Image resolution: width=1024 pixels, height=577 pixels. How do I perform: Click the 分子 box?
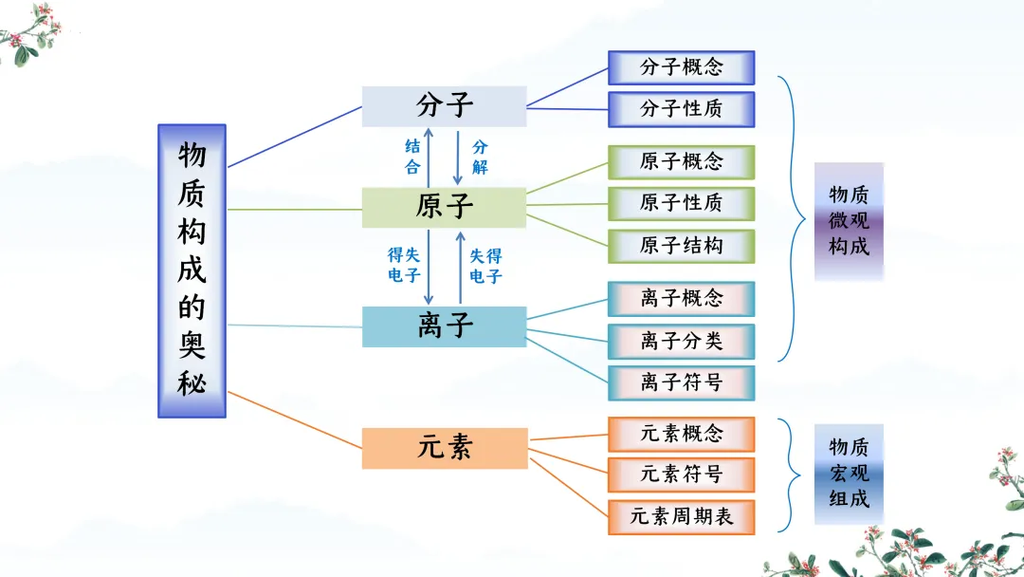(444, 106)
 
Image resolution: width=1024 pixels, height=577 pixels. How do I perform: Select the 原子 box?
(444, 207)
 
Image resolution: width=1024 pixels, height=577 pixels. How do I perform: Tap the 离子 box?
(444, 326)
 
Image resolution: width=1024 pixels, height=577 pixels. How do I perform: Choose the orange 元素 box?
(444, 448)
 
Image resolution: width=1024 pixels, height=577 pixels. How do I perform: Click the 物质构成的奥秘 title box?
(192, 270)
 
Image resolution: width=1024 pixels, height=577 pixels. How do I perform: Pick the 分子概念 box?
(681, 67)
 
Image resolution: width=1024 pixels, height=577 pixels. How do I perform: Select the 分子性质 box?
(681, 109)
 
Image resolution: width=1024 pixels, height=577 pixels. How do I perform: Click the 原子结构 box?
(681, 246)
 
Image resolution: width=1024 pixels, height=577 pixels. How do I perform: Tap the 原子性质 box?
(681, 203)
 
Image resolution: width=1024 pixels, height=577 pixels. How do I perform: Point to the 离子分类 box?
(681, 341)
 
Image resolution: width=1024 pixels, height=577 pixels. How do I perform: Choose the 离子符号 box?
(681, 382)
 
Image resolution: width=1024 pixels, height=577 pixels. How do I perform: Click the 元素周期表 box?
(681, 517)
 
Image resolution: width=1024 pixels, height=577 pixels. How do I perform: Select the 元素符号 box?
(681, 475)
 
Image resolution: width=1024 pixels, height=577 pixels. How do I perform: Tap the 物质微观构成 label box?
(849, 221)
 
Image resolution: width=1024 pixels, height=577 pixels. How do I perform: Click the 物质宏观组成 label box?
(849, 473)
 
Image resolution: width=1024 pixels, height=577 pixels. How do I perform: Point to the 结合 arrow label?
(412, 157)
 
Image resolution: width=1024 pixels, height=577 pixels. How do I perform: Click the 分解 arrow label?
(480, 157)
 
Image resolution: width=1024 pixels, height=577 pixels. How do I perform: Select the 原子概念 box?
(681, 162)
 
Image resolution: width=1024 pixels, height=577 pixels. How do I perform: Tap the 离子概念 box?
(681, 299)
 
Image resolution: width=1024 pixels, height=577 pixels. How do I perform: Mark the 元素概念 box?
(681, 434)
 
